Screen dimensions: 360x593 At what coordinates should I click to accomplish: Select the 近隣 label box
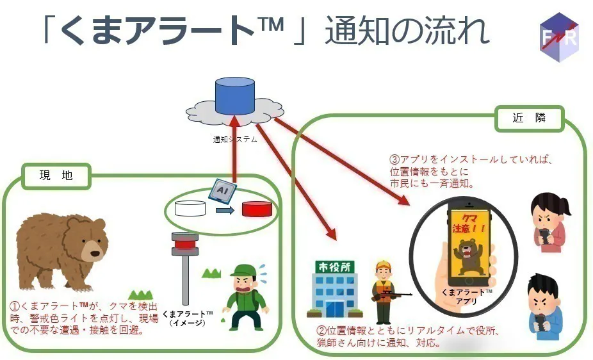(x=530, y=119)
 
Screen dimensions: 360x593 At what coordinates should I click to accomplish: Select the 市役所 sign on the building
(x=329, y=266)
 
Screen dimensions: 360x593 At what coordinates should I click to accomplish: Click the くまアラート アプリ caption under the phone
(x=467, y=297)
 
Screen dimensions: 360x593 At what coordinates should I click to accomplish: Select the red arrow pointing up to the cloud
(x=235, y=147)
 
